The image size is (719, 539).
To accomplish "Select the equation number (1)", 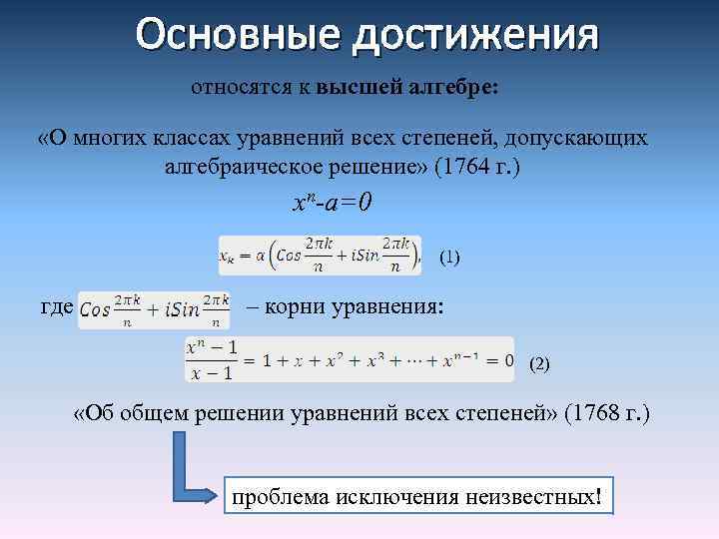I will (449, 258).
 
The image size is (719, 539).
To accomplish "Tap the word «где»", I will (55, 307).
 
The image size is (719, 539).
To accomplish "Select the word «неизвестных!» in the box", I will (541, 496).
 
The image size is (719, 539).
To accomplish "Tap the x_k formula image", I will (319, 256).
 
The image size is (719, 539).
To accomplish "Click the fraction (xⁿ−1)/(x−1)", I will (211, 359).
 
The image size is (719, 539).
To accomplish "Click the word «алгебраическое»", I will (244, 168).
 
